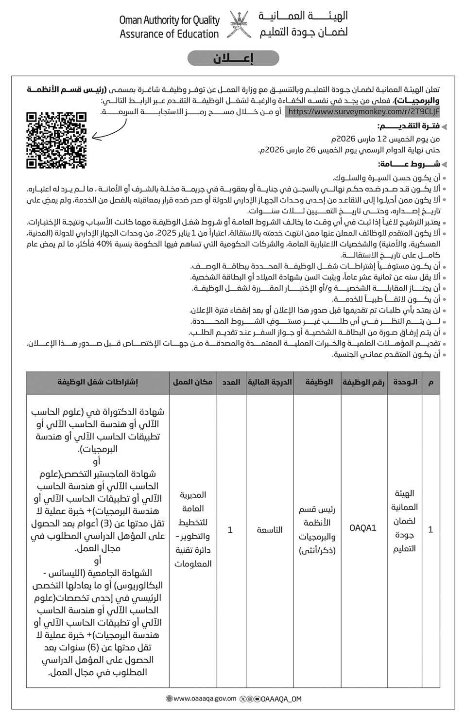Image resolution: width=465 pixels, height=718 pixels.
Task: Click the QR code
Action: pyautogui.click(x=56, y=140)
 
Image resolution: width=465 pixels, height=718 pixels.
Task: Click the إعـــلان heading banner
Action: pyautogui.click(x=233, y=58)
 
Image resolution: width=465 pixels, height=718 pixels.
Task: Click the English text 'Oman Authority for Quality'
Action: pyautogui.click(x=169, y=20)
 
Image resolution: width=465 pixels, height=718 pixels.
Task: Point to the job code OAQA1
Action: pyautogui.click(x=363, y=528)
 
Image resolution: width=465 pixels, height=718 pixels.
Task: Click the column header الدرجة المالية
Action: pyautogui.click(x=270, y=382)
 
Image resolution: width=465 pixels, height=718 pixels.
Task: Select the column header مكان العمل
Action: pyautogui.click(x=192, y=382)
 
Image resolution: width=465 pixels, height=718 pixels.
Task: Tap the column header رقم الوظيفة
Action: pyautogui.click(x=363, y=382)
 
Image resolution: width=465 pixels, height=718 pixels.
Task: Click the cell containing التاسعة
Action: pyautogui.click(x=270, y=529)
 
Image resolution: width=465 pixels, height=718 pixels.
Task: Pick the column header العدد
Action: pyautogui.click(x=231, y=382)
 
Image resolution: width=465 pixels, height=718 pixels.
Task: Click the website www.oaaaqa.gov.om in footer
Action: pyautogui.click(x=204, y=699)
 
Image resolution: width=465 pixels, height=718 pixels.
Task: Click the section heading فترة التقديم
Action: pyautogui.click(x=409, y=126)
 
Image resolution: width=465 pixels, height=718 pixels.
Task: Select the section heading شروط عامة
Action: pyautogui.click(x=409, y=164)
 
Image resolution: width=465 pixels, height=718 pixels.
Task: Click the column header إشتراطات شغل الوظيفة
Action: pyautogui.click(x=98, y=382)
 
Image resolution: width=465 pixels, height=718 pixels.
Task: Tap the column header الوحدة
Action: pyautogui.click(x=404, y=382)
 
